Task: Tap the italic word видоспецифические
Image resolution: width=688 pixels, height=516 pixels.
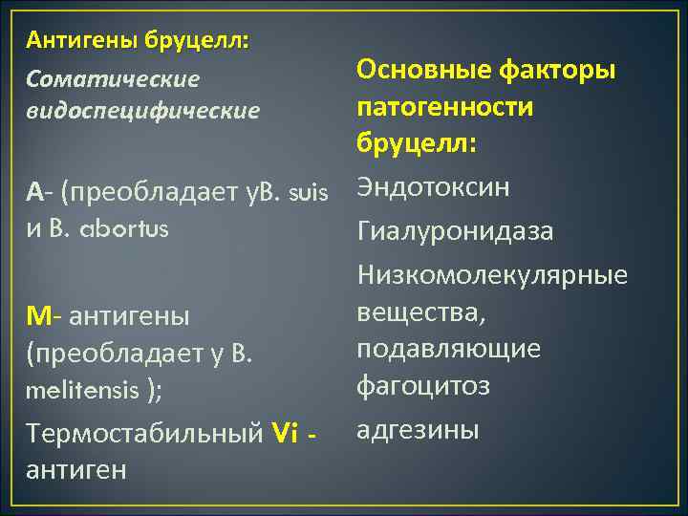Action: point(142,111)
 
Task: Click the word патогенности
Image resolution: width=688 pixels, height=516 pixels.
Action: point(444,106)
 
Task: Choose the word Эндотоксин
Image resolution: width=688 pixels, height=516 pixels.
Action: point(433,188)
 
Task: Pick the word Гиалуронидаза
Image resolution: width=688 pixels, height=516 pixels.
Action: point(455,232)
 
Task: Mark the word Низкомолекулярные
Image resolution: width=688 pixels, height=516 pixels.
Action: point(492,276)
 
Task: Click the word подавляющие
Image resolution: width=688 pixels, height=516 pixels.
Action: point(448,349)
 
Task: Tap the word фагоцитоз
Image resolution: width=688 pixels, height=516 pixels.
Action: point(423,386)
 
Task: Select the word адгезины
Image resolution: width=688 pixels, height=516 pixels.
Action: point(418,430)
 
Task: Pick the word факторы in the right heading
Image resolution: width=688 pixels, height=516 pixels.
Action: point(563,69)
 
